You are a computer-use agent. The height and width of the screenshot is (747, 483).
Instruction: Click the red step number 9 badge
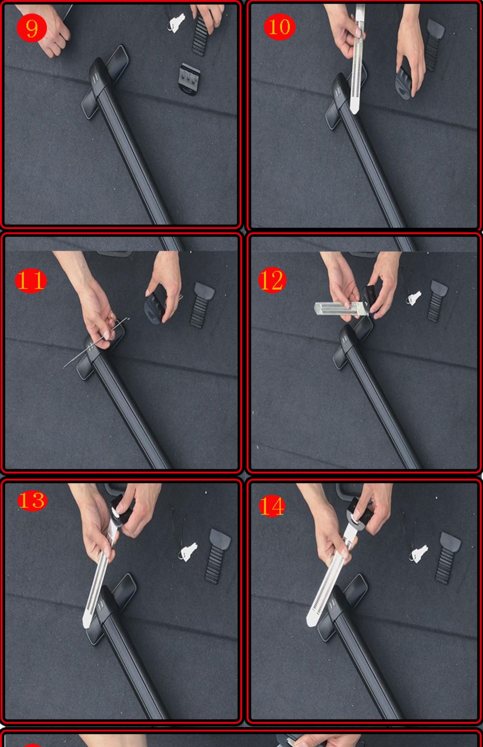pos(32,28)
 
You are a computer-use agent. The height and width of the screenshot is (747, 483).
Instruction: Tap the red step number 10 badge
pos(279,27)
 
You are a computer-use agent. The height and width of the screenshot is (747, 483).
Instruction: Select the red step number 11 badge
pos(31,281)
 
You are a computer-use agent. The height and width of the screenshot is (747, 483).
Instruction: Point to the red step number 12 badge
pos(272,280)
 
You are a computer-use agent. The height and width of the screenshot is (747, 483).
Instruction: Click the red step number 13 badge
pos(32,501)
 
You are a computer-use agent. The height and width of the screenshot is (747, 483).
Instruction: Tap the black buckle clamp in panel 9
pos(189,79)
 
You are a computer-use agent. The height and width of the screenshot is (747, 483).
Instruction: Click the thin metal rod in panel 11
pos(96,342)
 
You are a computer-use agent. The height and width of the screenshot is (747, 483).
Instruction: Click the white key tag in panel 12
pos(414,298)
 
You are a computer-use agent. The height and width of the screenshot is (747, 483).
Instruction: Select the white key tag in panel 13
pos(188,551)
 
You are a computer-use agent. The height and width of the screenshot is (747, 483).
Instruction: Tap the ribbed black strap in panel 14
pos(447,558)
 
